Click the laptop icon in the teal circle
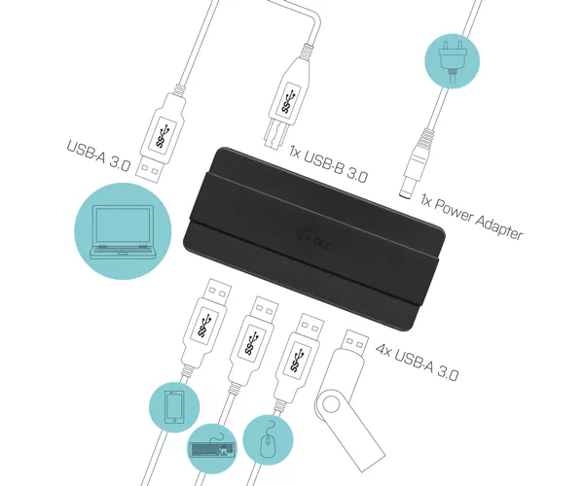tap(123, 231)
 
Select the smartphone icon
tap(174, 407)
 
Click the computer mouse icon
tap(268, 439)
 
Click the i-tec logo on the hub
tap(313, 239)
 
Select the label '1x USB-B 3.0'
tap(329, 164)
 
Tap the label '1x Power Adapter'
tap(472, 217)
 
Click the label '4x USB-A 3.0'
tap(418, 362)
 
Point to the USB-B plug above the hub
tap(287, 97)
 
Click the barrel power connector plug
tap(416, 164)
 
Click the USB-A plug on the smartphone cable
tap(204, 325)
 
